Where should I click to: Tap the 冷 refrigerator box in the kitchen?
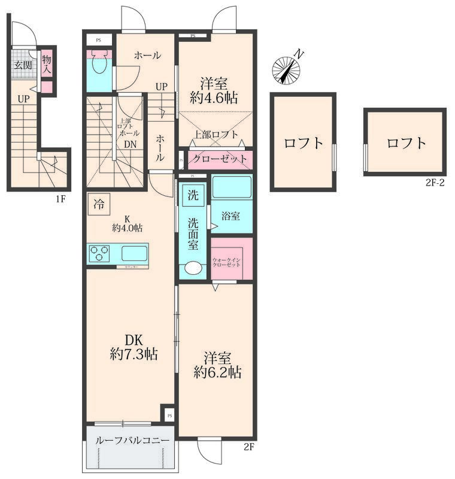tap(98, 204)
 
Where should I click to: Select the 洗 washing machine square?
tap(192, 195)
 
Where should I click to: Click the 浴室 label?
tap(230, 216)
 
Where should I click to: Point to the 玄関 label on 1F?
tap(23, 65)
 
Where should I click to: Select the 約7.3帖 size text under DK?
tap(134, 354)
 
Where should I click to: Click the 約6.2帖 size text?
tap(217, 372)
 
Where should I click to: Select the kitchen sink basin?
tap(135, 254)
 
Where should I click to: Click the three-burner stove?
tap(99, 254)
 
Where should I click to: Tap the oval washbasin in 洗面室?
tap(193, 268)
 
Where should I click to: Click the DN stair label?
tap(130, 144)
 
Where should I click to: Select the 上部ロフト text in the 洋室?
tap(216, 135)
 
